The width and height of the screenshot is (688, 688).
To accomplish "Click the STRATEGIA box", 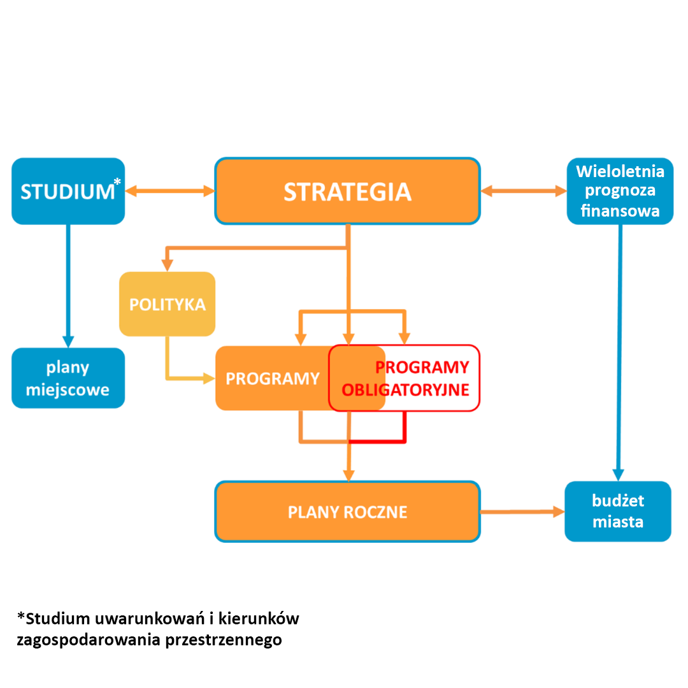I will [347, 191].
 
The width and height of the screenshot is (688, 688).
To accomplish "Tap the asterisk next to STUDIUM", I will [117, 183].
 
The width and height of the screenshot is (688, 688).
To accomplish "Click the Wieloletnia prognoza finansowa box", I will [620, 191].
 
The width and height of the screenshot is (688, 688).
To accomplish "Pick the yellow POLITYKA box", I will [167, 304].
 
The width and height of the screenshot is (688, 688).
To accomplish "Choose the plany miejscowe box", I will [68, 378].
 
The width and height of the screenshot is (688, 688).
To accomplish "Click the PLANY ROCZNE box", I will [347, 512].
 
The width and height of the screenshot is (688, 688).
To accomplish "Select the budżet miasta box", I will [618, 511].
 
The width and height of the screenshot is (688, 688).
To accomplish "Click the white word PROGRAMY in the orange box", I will [272, 378].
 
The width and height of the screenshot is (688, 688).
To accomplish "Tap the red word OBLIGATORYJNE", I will [405, 390].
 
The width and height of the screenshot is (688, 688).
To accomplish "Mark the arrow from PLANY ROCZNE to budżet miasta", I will [521, 512].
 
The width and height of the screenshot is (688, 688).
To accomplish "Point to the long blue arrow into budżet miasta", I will [619, 350].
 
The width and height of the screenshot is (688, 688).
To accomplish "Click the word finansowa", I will [620, 211].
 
